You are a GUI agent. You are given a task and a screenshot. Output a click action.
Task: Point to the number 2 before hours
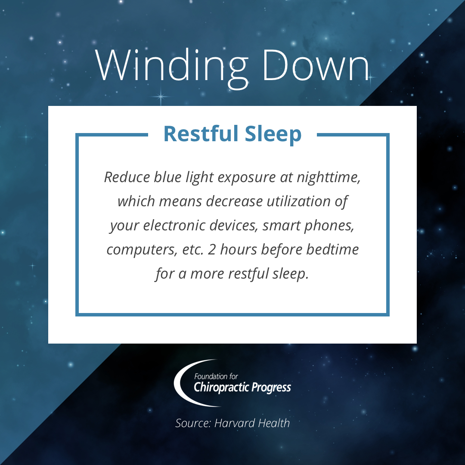[x=211, y=250]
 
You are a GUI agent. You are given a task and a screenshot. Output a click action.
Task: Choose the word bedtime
[x=332, y=250]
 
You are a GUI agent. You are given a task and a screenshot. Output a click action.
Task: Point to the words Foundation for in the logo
[x=216, y=376]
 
